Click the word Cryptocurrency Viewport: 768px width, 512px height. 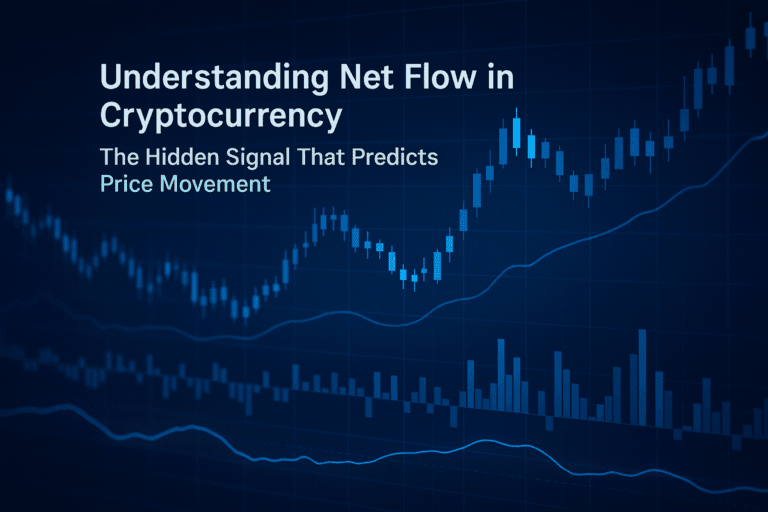point(221,115)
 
